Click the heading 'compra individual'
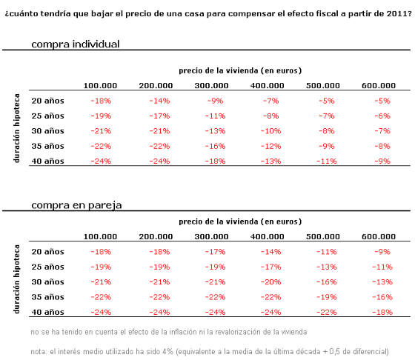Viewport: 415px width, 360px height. coord(75,44)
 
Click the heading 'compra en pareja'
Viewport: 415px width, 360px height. coord(76,204)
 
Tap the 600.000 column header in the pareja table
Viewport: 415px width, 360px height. coord(379,236)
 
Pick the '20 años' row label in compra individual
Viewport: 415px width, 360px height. coord(47,100)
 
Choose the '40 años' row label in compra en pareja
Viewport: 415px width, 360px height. coord(47,312)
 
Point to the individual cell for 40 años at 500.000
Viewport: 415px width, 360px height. coord(324,161)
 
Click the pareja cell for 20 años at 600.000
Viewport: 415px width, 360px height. coord(381,251)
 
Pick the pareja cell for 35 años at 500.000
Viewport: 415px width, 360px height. coord(324,297)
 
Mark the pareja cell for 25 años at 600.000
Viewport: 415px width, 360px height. coord(381,267)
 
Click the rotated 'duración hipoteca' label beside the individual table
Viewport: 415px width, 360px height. coord(17,131)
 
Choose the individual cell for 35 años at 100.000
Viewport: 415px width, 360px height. coord(101,146)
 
